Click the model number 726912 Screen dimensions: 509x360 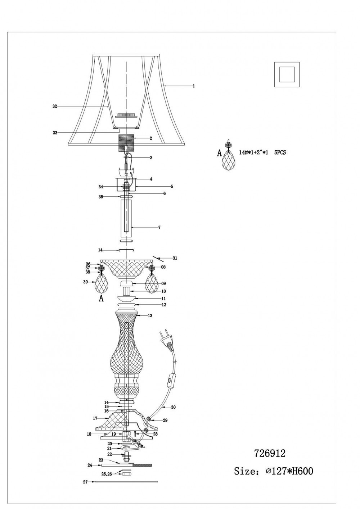coord(270,453)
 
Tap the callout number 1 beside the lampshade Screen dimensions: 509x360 coord(194,86)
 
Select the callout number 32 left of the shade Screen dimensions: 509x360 coord(55,106)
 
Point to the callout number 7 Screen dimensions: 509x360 coord(159,227)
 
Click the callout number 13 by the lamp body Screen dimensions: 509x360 coord(150,315)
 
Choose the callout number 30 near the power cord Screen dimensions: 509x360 coord(173,407)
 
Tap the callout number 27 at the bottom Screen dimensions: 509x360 coord(85,482)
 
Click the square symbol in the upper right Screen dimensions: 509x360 coord(287,74)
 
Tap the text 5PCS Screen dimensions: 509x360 coord(280,153)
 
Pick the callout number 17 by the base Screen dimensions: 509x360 coord(95,418)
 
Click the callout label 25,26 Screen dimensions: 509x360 coord(106,474)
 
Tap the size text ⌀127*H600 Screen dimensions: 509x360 coord(290,471)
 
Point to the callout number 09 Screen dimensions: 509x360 coord(163,283)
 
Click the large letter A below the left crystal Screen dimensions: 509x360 coord(101,299)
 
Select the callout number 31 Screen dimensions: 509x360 coord(175,258)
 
